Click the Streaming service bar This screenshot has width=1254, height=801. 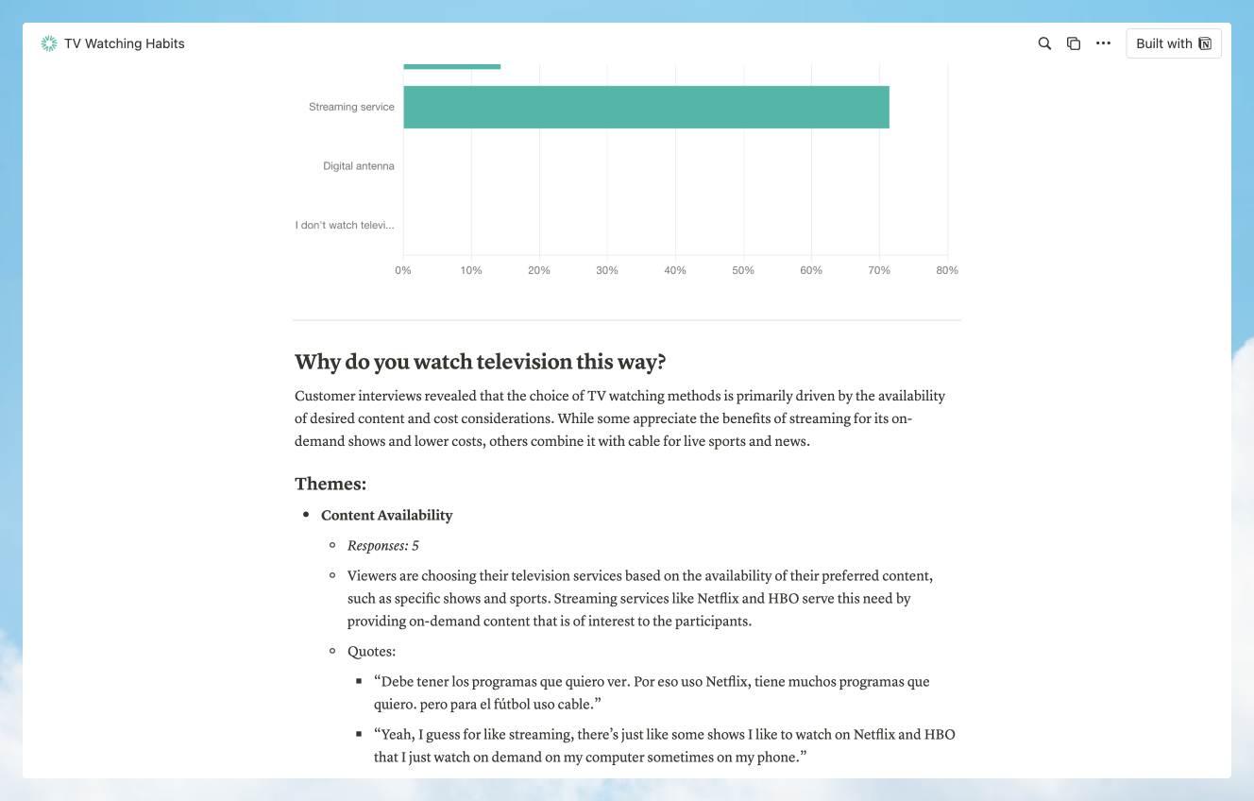pyautogui.click(x=646, y=107)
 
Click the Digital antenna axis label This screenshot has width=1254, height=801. pyautogui.click(x=359, y=166)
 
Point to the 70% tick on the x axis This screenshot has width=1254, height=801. pyautogui.click(x=879, y=270)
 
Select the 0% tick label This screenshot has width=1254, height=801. pyautogui.click(x=403, y=270)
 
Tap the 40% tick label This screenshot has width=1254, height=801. pyautogui.click(x=675, y=270)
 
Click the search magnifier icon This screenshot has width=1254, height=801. pyautogui.click(x=1044, y=43)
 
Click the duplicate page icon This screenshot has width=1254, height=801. pyautogui.click(x=1074, y=43)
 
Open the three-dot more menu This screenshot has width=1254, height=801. pyautogui.click(x=1103, y=43)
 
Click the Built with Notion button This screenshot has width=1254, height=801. pyautogui.click(x=1173, y=43)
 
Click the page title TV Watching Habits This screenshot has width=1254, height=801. pyautogui.click(x=125, y=43)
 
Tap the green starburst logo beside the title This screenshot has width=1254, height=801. pyautogui.click(x=49, y=43)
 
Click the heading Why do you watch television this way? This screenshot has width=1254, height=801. pyautogui.click(x=481, y=362)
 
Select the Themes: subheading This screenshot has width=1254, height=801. pyautogui.click(x=330, y=484)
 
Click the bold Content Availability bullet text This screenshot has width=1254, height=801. pyautogui.click(x=386, y=515)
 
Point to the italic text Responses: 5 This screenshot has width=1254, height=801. pyautogui.click(x=382, y=545)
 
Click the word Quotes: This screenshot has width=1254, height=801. pyautogui.click(x=371, y=651)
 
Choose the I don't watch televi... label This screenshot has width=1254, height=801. pyautogui.click(x=345, y=225)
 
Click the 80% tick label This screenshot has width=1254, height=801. pyautogui.click(x=947, y=270)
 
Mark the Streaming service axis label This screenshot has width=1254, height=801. pyautogui.click(x=351, y=107)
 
